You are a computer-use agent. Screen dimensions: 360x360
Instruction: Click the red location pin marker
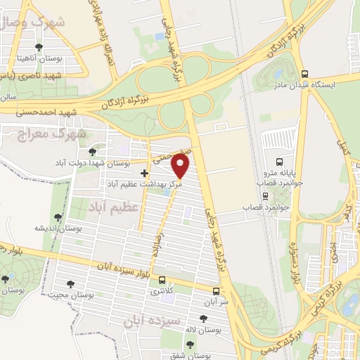coord(181,166)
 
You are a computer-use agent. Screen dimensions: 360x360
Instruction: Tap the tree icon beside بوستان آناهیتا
coord(38,48)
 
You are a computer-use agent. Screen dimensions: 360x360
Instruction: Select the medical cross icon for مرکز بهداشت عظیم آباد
coord(144,172)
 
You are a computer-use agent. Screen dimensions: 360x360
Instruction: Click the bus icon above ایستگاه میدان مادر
coord(304,73)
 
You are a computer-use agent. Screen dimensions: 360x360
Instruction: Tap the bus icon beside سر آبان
coord(215,290)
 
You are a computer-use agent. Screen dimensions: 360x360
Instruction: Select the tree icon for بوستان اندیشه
coord(58,218)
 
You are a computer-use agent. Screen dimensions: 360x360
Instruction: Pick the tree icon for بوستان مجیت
coord(70,284)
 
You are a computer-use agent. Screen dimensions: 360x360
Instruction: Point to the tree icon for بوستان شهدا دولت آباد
coord(92,152)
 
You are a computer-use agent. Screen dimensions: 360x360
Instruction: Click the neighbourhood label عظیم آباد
coord(113,207)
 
